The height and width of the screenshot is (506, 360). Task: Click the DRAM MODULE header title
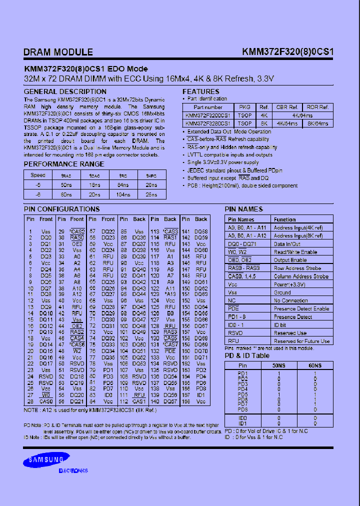pos(58,52)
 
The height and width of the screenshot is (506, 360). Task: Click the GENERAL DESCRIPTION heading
pos(65,91)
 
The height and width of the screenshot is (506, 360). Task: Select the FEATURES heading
pos(200,91)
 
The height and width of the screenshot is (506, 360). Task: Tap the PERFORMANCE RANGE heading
pos(64,164)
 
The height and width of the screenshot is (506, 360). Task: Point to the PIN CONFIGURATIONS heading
pos(61,209)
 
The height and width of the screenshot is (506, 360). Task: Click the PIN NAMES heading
pos(243,209)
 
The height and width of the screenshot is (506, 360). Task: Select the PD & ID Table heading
pos(247,355)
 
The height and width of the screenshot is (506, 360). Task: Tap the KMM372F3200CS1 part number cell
pos(207,115)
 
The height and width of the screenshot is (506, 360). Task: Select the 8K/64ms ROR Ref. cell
pos(317,123)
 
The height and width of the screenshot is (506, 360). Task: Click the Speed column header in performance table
pos(38,175)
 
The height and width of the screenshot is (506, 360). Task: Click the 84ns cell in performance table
pos(122,184)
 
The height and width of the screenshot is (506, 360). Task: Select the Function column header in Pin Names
pos(285,219)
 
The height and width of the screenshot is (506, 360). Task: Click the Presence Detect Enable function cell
pos(301,308)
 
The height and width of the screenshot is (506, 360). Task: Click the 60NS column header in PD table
pos(315,365)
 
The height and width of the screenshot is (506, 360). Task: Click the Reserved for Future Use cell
pos(301,341)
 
